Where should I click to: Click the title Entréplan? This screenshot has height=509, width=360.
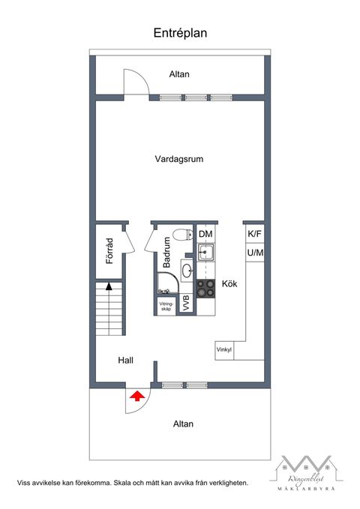pyautogui.click(x=180, y=33)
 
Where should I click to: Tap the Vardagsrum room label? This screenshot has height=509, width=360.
pyautogui.click(x=179, y=159)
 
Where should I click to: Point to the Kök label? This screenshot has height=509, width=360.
pyautogui.click(x=229, y=285)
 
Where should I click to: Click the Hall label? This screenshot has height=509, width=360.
pyautogui.click(x=125, y=361)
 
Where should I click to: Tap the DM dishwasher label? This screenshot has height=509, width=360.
pyautogui.click(x=205, y=235)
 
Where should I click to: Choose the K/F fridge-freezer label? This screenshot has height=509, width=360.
pyautogui.click(x=255, y=234)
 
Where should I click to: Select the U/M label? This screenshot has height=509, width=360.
pyautogui.click(x=255, y=253)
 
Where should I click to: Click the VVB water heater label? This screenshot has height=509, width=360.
pyautogui.click(x=186, y=305)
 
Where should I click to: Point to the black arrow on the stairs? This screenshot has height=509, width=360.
pyautogui.click(x=109, y=286)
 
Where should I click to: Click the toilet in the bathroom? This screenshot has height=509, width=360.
pyautogui.click(x=177, y=235)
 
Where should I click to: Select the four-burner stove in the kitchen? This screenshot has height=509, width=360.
pyautogui.click(x=205, y=286)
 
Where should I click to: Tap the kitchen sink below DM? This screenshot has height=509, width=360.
pyautogui.click(x=205, y=252)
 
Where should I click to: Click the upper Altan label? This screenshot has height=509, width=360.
pyautogui.click(x=179, y=74)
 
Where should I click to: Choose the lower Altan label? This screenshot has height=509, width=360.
pyautogui.click(x=183, y=424)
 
